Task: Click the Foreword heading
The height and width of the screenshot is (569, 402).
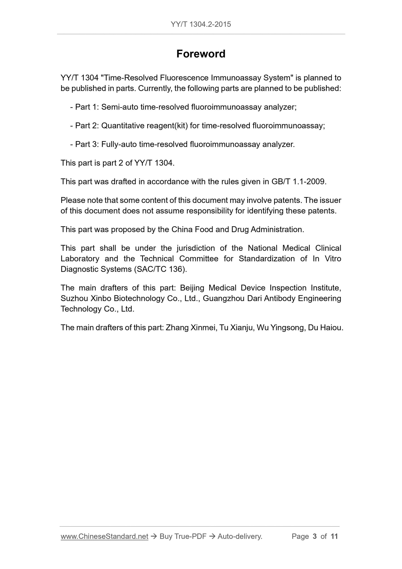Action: [x=201, y=54]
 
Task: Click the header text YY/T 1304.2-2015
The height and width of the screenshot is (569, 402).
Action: [x=201, y=24]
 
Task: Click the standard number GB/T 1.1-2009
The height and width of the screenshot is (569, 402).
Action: [x=298, y=182]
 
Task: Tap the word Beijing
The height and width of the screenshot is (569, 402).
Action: [x=192, y=288]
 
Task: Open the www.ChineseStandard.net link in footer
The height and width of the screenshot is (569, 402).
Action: [x=104, y=536]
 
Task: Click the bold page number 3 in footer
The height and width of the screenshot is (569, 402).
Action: [x=315, y=536]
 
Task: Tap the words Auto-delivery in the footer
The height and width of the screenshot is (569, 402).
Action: [x=240, y=536]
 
